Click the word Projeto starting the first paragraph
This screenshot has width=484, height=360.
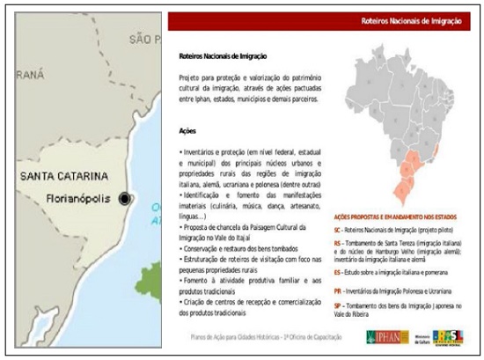pos(190,77)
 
